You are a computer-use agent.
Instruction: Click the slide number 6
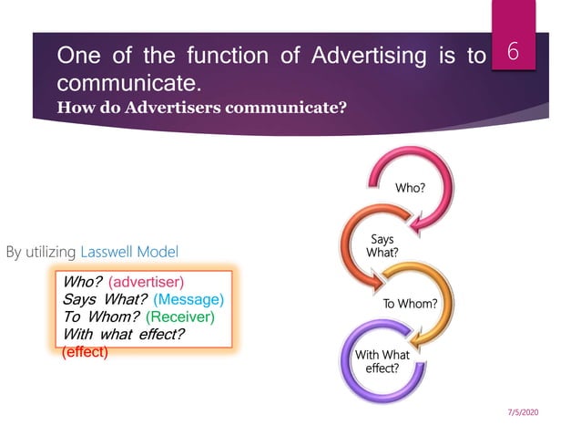tap(513, 54)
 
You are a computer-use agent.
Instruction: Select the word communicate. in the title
tap(129, 84)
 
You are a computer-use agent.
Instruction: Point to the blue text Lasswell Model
tap(129, 251)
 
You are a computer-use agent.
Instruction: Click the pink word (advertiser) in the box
tap(147, 282)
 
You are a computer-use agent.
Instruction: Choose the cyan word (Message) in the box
tap(189, 299)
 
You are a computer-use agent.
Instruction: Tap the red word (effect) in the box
tap(85, 351)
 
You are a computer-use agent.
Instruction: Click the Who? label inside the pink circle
tap(409, 187)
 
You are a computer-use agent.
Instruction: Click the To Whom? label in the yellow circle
tap(410, 303)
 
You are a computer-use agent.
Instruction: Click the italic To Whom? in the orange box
tap(100, 317)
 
